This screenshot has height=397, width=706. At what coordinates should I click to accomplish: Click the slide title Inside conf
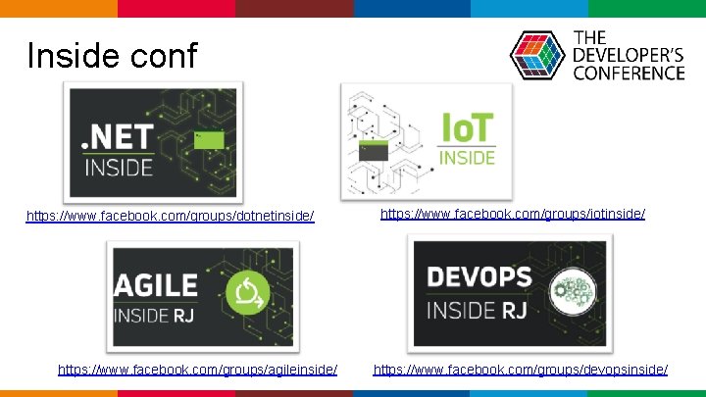click(x=112, y=55)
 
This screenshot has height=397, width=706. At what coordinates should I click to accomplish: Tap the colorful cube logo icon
click(x=537, y=55)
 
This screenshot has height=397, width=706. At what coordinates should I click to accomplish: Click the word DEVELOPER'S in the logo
click(x=628, y=56)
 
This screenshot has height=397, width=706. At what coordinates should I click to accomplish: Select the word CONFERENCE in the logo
click(x=628, y=73)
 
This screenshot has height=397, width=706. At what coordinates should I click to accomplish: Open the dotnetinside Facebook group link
click(x=171, y=215)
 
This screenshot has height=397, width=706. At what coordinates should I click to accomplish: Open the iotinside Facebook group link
click(x=513, y=213)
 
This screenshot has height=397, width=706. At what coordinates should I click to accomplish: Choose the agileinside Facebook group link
click(x=198, y=370)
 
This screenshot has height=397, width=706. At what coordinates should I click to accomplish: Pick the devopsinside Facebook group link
click(x=521, y=370)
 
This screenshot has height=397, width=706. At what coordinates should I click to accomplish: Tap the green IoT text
click(x=466, y=128)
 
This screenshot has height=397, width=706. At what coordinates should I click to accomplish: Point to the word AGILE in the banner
click(x=157, y=286)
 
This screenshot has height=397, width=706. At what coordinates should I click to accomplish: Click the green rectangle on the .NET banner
click(x=209, y=139)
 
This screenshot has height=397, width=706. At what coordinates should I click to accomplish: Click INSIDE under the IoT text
click(x=467, y=157)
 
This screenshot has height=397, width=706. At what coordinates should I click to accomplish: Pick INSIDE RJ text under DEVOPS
click(x=479, y=311)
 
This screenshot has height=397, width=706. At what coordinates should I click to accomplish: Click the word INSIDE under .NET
click(x=118, y=168)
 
